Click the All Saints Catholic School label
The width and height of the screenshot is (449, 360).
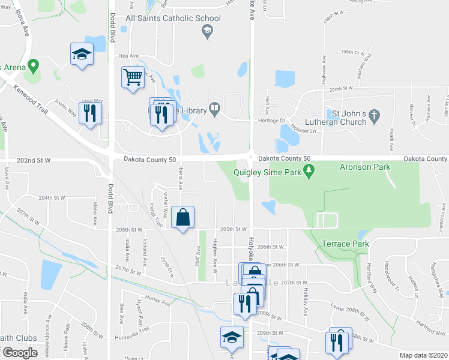point(173,19)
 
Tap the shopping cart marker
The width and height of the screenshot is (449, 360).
point(133,77)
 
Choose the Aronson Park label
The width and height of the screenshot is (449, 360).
point(364,167)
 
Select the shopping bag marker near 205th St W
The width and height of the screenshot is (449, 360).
point(183,218)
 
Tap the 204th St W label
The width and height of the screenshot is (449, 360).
point(51,197)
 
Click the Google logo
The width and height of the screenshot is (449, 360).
point(20,353)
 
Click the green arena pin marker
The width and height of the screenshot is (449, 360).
point(34,65)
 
